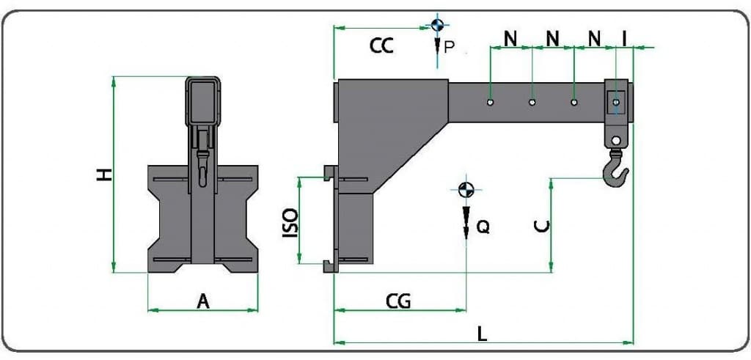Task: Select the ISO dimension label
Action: click(x=290, y=223)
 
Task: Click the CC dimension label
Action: click(x=381, y=46)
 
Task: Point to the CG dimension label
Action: click(x=398, y=301)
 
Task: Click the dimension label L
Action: click(x=482, y=334)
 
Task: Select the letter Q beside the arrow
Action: click(x=483, y=227)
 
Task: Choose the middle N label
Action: click(x=553, y=37)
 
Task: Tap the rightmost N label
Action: click(x=595, y=37)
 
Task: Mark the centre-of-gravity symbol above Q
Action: click(x=464, y=189)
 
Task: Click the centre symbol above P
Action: click(x=437, y=25)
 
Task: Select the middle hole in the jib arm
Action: click(x=533, y=103)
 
